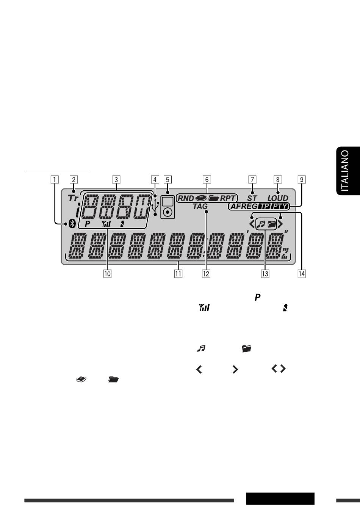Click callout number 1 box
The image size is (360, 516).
click(55, 180)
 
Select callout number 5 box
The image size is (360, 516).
click(167, 180)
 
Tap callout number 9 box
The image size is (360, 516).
click(302, 180)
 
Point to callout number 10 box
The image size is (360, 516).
click(108, 274)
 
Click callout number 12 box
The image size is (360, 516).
click(206, 274)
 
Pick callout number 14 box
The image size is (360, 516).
click(302, 274)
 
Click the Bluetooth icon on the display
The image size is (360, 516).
click(72, 224)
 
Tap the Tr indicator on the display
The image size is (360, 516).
click(74, 198)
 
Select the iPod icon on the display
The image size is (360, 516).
click(167, 207)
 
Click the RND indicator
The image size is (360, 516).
click(186, 198)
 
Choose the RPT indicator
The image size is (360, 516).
click(228, 198)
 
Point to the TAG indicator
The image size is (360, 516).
click(200, 206)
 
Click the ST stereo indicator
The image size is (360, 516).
click(252, 198)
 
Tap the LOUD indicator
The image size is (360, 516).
click(278, 198)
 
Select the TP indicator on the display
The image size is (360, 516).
click(264, 206)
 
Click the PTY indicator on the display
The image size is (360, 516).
click(279, 206)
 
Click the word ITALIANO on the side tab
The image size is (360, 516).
click(345, 171)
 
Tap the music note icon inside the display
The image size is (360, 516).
click(261, 224)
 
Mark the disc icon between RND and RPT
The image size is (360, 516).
click(201, 198)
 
